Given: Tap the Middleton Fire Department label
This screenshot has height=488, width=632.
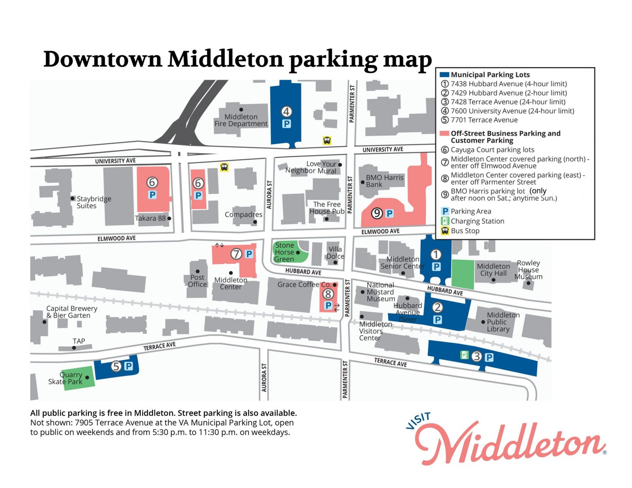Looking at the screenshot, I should (x=241, y=120).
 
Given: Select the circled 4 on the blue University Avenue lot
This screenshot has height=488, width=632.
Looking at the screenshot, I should (x=286, y=112).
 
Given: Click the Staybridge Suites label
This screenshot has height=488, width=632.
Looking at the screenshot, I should (x=94, y=202).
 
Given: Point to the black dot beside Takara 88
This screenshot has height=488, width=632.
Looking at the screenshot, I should (x=169, y=218).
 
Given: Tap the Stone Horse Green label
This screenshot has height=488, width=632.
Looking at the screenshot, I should (x=284, y=252).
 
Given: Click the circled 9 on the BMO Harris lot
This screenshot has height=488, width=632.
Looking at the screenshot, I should (x=377, y=214).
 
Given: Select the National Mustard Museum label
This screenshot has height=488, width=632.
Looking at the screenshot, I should (x=380, y=292).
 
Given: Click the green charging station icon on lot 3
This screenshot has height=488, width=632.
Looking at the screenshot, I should (x=465, y=355).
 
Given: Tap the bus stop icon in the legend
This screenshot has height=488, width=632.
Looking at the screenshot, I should (x=445, y=231).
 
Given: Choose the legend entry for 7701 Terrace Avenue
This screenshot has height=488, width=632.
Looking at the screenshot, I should (x=484, y=120).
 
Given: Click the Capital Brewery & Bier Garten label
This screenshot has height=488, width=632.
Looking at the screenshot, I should (x=71, y=312).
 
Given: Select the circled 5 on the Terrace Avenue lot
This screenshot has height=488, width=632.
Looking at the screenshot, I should (x=116, y=366).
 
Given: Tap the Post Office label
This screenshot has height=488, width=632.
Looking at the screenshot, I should (x=197, y=281).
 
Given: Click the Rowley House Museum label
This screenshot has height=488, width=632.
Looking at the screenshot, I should (x=529, y=270).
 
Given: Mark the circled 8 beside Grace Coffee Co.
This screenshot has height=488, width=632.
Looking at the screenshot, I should (x=328, y=294).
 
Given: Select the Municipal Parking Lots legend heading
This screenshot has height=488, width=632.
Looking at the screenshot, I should (x=490, y=75).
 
